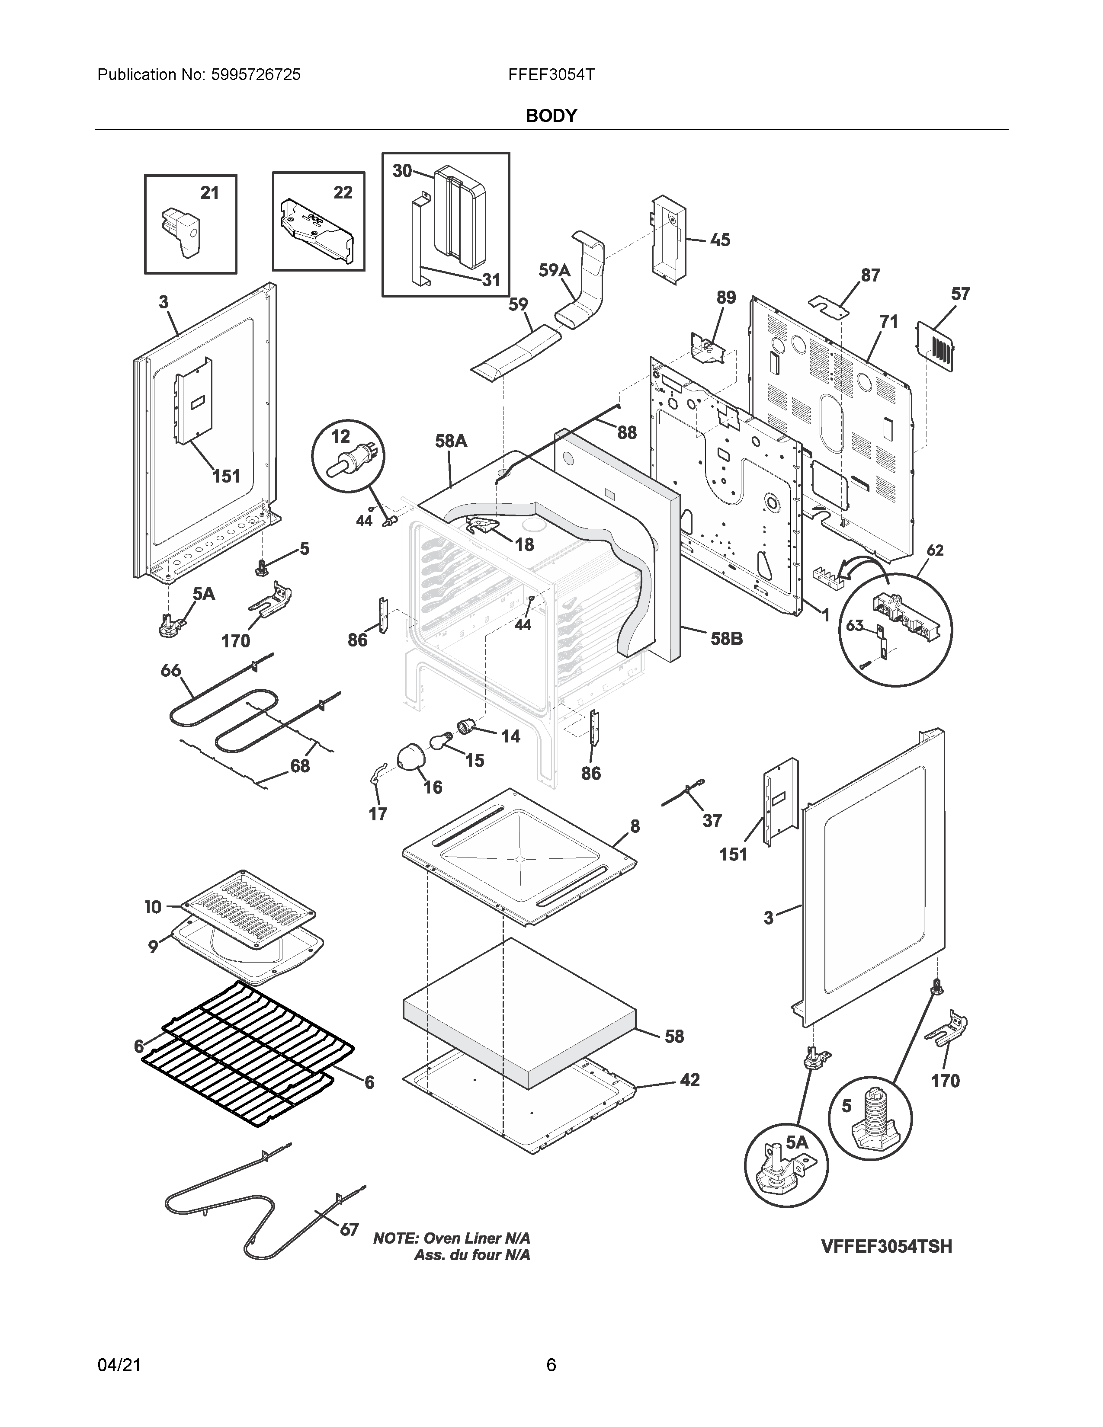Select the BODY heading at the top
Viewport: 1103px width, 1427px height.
pyautogui.click(x=551, y=115)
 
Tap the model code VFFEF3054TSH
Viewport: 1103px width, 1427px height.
pyautogui.click(x=886, y=1247)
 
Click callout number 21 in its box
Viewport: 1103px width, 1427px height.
pyautogui.click(x=209, y=193)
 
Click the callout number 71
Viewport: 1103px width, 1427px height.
pyautogui.click(x=889, y=321)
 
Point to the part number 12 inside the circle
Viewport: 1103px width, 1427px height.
pyautogui.click(x=340, y=436)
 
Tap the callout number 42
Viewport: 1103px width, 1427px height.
pyautogui.click(x=689, y=1080)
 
